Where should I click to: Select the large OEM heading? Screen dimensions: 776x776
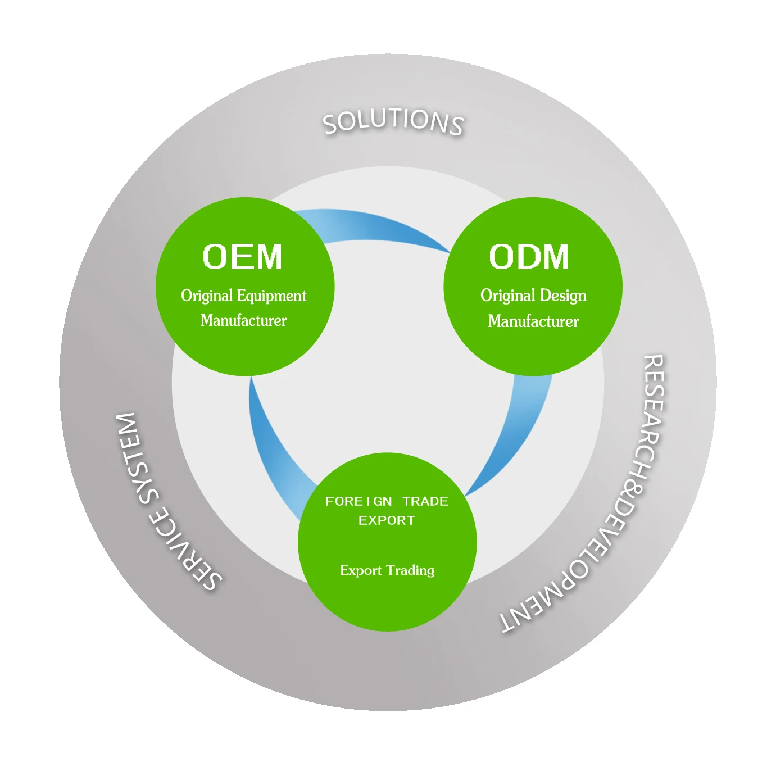(x=242, y=257)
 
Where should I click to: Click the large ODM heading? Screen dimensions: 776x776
(x=529, y=257)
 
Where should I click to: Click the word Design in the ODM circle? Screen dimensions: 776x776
(x=562, y=296)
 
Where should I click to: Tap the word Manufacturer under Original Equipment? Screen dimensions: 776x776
(x=243, y=320)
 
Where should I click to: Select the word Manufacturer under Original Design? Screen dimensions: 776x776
(x=533, y=321)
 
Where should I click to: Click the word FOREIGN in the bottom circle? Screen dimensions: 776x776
(x=358, y=501)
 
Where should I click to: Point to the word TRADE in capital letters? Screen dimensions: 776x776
(x=425, y=501)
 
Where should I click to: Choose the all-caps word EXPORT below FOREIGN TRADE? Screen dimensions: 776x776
(x=387, y=520)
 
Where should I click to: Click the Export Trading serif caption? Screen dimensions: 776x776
(x=387, y=570)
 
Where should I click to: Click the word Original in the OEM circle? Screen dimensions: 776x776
(x=206, y=296)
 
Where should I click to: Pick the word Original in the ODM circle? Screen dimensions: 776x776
(x=507, y=296)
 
